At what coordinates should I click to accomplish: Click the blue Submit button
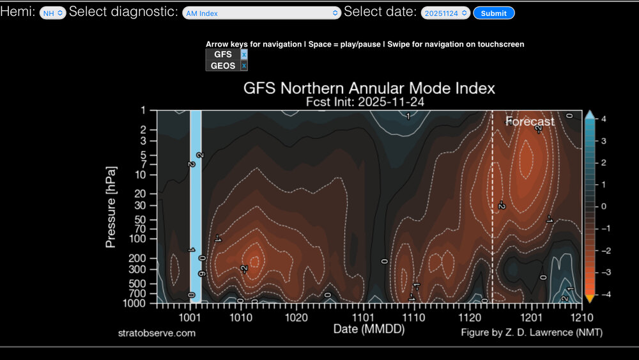click(493, 13)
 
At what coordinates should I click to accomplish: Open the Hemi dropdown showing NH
click(52, 13)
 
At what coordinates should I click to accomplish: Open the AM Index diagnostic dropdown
click(261, 13)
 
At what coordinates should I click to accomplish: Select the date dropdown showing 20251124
click(445, 13)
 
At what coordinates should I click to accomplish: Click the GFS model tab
click(222, 55)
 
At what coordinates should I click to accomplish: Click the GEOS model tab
click(222, 66)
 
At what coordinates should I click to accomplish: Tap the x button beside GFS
click(244, 55)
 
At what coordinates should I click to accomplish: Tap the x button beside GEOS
click(244, 66)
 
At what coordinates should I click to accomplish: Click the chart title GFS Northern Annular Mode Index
click(369, 88)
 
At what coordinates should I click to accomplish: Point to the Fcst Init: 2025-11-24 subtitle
click(369, 101)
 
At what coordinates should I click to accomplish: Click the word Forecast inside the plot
click(530, 121)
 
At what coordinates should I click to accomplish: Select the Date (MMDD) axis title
click(369, 329)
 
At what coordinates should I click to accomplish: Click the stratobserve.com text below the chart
click(157, 333)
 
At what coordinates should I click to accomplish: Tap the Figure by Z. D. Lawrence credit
click(532, 333)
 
